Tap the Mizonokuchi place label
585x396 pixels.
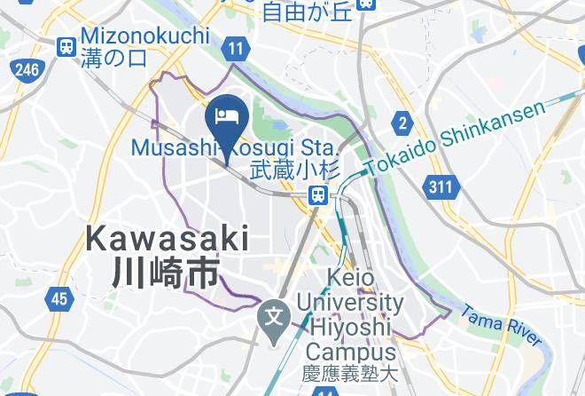(145, 36)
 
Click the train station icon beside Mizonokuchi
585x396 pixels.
(66, 46)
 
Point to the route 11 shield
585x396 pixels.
(235, 51)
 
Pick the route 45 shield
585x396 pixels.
(58, 299)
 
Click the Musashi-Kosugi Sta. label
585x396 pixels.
(234, 147)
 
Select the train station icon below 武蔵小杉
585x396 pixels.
(316, 194)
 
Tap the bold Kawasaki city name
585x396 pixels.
(168, 239)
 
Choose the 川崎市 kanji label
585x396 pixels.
(167, 273)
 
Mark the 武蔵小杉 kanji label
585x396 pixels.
(285, 170)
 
